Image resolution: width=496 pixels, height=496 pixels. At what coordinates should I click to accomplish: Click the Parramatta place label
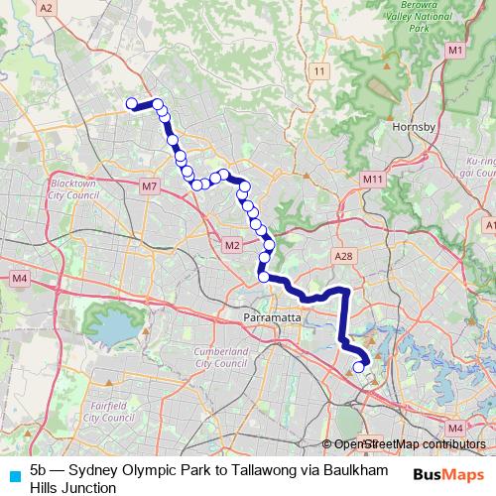tap(265, 317)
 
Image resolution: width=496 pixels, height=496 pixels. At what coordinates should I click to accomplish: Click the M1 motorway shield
tap(454, 50)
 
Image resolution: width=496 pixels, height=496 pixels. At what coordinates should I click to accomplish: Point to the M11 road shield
tap(373, 179)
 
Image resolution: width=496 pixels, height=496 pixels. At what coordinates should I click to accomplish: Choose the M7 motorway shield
tap(150, 186)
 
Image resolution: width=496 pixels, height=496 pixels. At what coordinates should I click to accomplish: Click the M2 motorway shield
tap(232, 245)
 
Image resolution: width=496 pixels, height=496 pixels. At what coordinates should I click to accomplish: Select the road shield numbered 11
tap(318, 71)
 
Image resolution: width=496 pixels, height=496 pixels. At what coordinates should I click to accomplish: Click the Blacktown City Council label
tap(78, 189)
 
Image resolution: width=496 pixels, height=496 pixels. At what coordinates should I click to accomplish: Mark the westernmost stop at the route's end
tap(131, 102)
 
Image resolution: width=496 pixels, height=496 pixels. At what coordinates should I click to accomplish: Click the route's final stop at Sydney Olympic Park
tap(359, 368)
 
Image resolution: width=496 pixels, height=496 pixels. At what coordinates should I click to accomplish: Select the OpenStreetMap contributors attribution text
tap(409, 443)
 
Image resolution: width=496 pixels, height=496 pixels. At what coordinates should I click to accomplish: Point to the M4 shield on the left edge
tap(19, 279)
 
